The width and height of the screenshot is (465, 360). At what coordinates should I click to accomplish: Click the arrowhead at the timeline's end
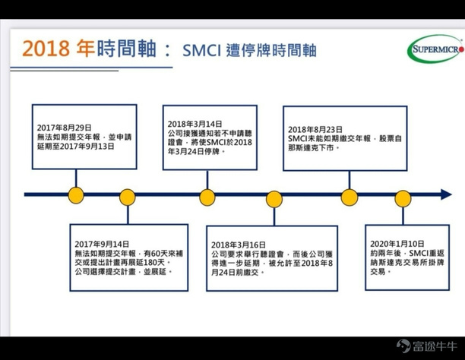[x=446, y=194]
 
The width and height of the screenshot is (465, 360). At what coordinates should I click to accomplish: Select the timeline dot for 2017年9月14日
[x=127, y=197]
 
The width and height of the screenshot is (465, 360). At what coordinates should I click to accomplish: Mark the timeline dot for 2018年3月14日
[x=207, y=194]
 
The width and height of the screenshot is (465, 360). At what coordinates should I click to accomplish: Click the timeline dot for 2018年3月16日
[x=274, y=198]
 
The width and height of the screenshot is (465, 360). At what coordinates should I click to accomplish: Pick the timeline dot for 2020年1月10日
[x=403, y=198]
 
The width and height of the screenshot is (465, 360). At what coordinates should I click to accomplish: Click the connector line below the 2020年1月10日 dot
[x=403, y=213]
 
